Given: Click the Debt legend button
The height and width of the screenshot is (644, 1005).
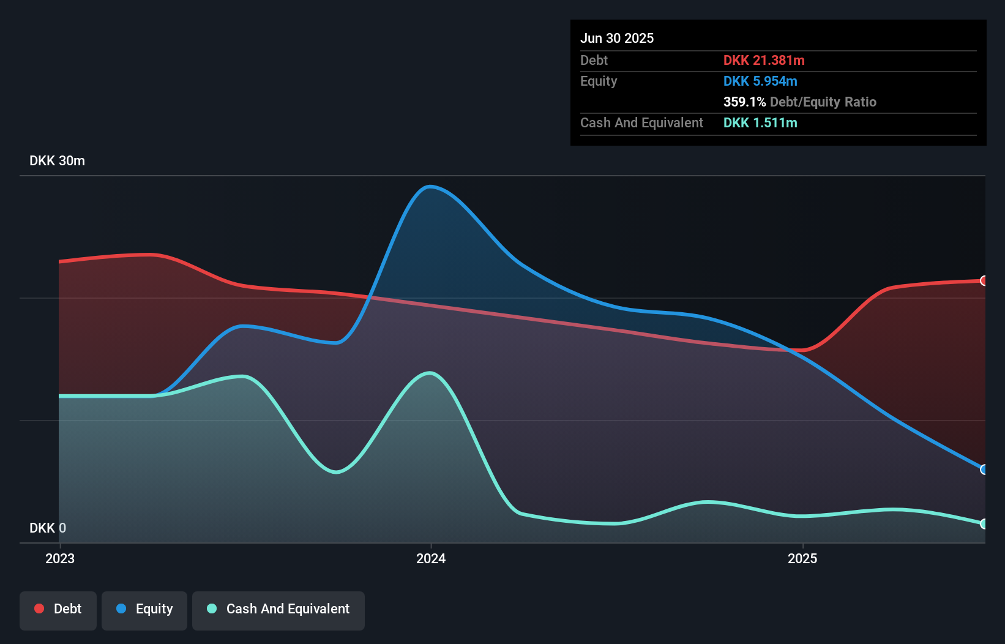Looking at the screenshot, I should (58, 610).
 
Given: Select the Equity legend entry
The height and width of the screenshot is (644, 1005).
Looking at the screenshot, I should (144, 610).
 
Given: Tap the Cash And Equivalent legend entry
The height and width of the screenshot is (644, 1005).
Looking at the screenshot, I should (278, 610).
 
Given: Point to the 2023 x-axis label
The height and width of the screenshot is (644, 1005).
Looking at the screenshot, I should (60, 558).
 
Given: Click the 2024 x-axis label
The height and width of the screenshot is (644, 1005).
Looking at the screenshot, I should (431, 558).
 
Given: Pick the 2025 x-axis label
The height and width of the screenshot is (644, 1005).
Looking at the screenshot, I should (802, 558).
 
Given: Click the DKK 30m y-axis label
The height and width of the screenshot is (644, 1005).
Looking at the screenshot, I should (57, 161).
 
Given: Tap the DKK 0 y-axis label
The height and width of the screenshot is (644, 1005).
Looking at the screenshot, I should (48, 528).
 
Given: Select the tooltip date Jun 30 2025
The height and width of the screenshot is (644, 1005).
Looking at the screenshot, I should (617, 39).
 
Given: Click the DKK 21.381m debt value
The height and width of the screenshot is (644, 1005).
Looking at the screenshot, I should (764, 61).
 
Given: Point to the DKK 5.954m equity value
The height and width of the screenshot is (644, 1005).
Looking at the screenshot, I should (760, 81).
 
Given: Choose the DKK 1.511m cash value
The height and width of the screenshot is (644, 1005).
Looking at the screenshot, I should (760, 123).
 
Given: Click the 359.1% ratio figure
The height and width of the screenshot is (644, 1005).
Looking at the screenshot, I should (744, 102).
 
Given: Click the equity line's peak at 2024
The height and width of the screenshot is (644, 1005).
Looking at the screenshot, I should (430, 187).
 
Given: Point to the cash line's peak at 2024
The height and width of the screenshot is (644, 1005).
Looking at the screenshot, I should (430, 373).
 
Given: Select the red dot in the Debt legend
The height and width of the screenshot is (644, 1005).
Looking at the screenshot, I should (39, 608).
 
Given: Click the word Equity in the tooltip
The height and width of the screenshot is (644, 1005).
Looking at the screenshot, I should (599, 81).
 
